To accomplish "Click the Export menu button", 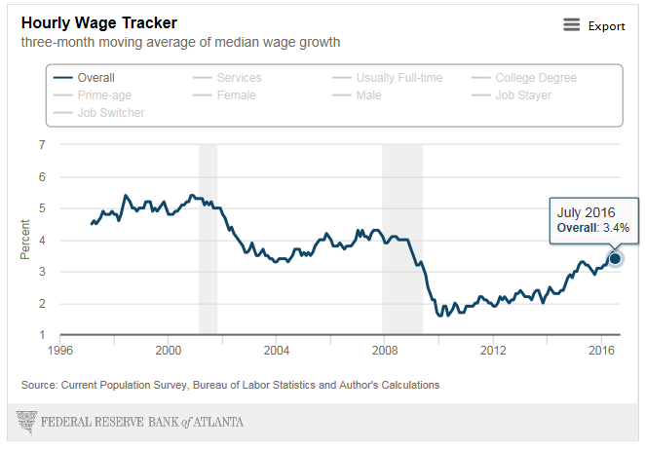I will pyautogui.click(x=593, y=25).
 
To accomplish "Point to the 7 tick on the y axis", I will pyautogui.click(x=41, y=145).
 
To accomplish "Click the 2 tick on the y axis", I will pyautogui.click(x=41, y=304).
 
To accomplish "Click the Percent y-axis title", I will pyautogui.click(x=24, y=241).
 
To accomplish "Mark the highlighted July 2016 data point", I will pyautogui.click(x=615, y=258).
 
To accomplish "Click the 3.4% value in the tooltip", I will pyautogui.click(x=614, y=228).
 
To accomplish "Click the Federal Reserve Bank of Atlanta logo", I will pyautogui.click(x=131, y=422).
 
